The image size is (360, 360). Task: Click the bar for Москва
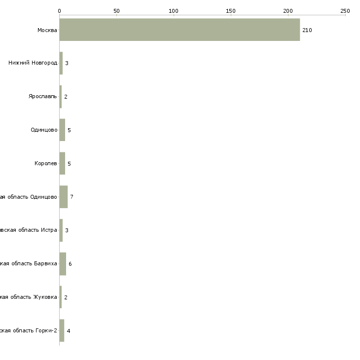(x=180, y=30)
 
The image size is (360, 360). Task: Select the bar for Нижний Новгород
(x=61, y=63)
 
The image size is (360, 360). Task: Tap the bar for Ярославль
(x=61, y=97)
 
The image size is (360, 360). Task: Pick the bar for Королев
(x=62, y=163)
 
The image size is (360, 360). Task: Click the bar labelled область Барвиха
(x=63, y=264)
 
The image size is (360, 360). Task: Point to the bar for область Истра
(x=61, y=230)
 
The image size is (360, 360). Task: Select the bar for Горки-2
(x=62, y=330)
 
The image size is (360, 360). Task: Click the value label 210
(x=307, y=30)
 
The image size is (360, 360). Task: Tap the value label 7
(x=72, y=197)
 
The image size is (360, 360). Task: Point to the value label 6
(x=70, y=264)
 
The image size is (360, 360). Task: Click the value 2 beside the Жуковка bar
(x=66, y=297)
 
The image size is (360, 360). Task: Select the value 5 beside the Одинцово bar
(x=69, y=130)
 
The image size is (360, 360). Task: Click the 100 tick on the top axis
(x=173, y=10)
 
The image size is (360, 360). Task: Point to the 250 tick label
(x=345, y=10)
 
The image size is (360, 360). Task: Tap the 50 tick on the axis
(x=116, y=10)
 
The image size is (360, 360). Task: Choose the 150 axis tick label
(x=230, y=10)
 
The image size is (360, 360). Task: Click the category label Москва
(x=47, y=30)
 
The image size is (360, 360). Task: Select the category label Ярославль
(x=43, y=96)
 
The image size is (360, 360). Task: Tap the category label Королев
(x=46, y=163)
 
